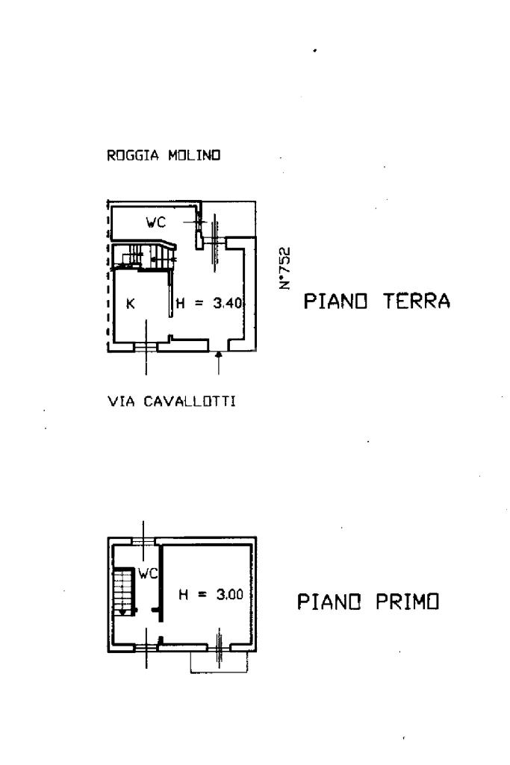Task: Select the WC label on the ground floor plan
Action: coord(155,222)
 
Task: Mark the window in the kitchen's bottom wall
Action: coord(146,346)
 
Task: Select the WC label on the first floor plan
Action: coord(148,574)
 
